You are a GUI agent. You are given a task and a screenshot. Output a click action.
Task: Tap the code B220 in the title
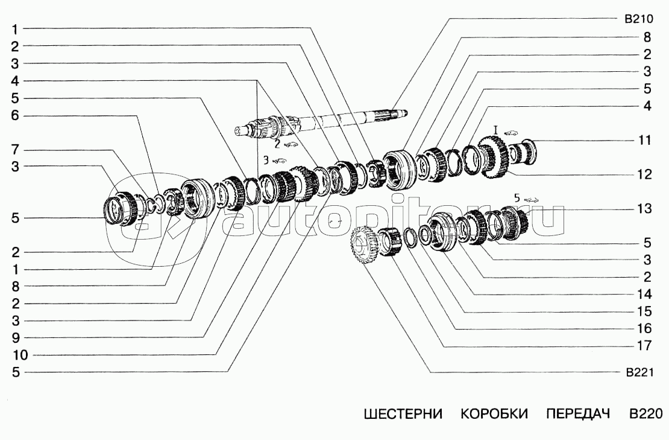click(x=646, y=414)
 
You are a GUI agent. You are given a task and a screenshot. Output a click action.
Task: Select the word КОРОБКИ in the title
click(x=494, y=414)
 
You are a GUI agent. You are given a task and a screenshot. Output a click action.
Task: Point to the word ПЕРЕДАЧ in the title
click(x=578, y=414)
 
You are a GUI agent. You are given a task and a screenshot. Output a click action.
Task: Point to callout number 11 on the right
click(x=645, y=141)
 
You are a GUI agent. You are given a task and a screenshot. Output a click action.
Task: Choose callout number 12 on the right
click(x=645, y=174)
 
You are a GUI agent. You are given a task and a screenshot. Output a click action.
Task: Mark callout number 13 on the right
click(x=645, y=209)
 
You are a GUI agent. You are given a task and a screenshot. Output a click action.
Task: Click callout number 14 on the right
click(x=645, y=295)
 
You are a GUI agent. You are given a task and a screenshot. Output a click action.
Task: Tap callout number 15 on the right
click(x=645, y=311)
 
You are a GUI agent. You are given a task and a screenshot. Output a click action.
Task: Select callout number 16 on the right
click(x=645, y=328)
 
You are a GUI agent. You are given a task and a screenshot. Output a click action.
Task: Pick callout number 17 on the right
click(x=645, y=346)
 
